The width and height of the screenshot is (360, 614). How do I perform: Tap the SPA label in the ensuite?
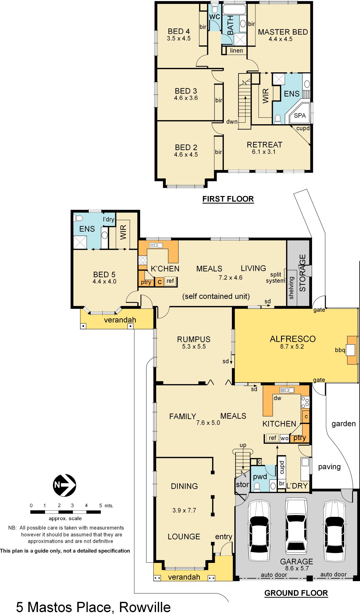click(x=300, y=115)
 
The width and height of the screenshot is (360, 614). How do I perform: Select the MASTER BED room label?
click(x=283, y=32)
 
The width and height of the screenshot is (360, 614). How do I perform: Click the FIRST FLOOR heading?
click(x=228, y=199)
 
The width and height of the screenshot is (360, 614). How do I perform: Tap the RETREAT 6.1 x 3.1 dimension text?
click(x=265, y=152)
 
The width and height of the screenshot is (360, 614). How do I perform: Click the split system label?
click(x=275, y=278)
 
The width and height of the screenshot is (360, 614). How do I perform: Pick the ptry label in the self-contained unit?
click(x=146, y=282)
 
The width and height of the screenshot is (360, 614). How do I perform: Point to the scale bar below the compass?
click(x=65, y=512)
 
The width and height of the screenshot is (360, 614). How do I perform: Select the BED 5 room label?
click(x=104, y=274)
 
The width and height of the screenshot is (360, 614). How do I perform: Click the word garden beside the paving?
click(x=344, y=424)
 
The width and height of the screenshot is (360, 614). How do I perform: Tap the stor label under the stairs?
click(x=242, y=485)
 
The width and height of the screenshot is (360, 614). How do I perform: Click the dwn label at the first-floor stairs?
click(x=232, y=122)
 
